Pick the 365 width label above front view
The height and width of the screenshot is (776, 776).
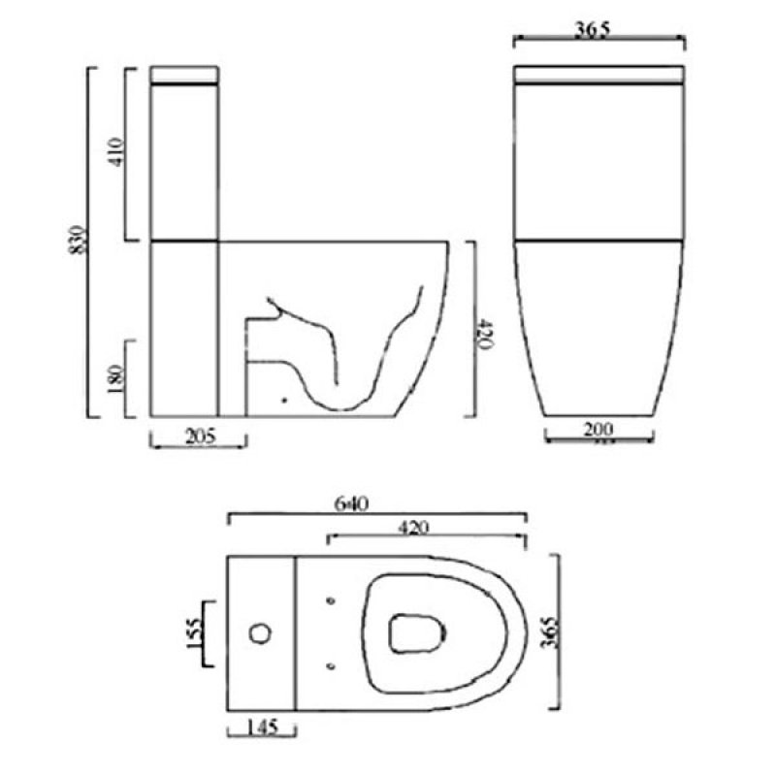[598, 30]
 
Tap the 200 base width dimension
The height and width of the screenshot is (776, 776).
[598, 427]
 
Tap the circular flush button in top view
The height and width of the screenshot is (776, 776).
[260, 633]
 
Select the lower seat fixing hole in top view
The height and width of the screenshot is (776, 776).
[331, 665]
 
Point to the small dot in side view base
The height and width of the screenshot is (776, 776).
[283, 398]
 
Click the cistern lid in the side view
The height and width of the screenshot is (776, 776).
[185, 75]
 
